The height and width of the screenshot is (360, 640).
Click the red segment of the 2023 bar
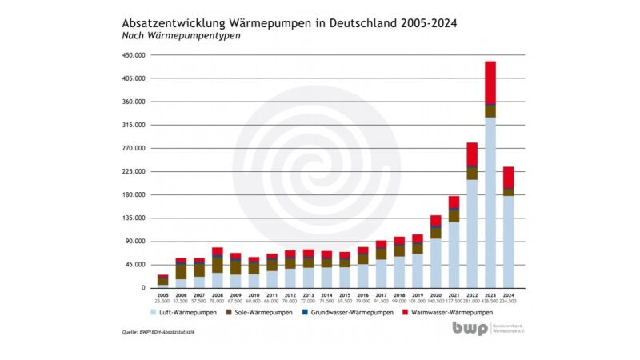pos(490,82)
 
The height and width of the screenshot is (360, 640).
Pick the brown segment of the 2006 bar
pos(182,271)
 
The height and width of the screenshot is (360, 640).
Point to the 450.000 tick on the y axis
pos(134,56)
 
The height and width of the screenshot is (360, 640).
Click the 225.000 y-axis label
pos(134,172)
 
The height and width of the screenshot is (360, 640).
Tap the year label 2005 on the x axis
pos(163,295)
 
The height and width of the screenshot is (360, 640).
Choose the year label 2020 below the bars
pos(436,295)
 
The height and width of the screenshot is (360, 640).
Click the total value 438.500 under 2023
pos(490,301)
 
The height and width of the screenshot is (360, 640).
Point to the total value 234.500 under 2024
pos(509,301)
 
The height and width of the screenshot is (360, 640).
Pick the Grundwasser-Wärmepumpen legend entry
pos(350,312)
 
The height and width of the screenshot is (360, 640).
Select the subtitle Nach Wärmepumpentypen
pos(182,36)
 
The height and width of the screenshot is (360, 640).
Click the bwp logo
pos(469,328)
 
